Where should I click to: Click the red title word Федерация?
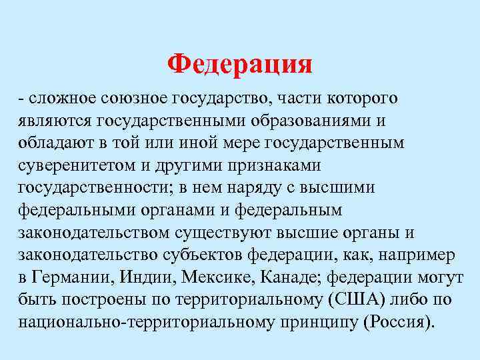tap(239, 64)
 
